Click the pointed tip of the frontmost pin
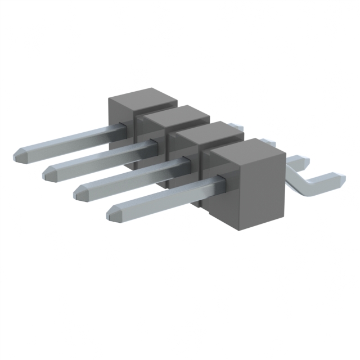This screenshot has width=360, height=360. tap(111, 213)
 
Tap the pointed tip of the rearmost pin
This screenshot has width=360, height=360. tap(16, 155)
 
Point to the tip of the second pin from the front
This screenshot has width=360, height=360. tap(78, 191)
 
